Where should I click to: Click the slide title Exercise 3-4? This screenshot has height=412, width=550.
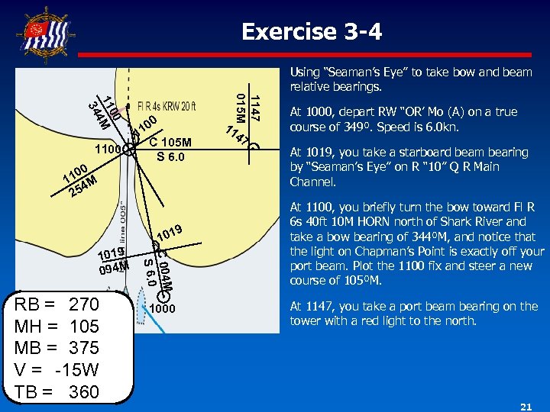tap(312, 32)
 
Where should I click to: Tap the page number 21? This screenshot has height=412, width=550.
tap(526, 407)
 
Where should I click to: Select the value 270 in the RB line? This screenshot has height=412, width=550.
tap(84, 305)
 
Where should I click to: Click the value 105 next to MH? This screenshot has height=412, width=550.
tap(84, 327)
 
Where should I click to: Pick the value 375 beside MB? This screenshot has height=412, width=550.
tap(84, 348)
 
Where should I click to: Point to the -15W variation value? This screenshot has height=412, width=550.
tap(79, 370)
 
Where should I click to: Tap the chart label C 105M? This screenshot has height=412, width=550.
tap(170, 143)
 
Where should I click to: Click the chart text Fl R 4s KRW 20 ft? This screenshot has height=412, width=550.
tap(167, 106)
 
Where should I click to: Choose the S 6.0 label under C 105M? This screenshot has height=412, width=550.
tap(170, 157)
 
